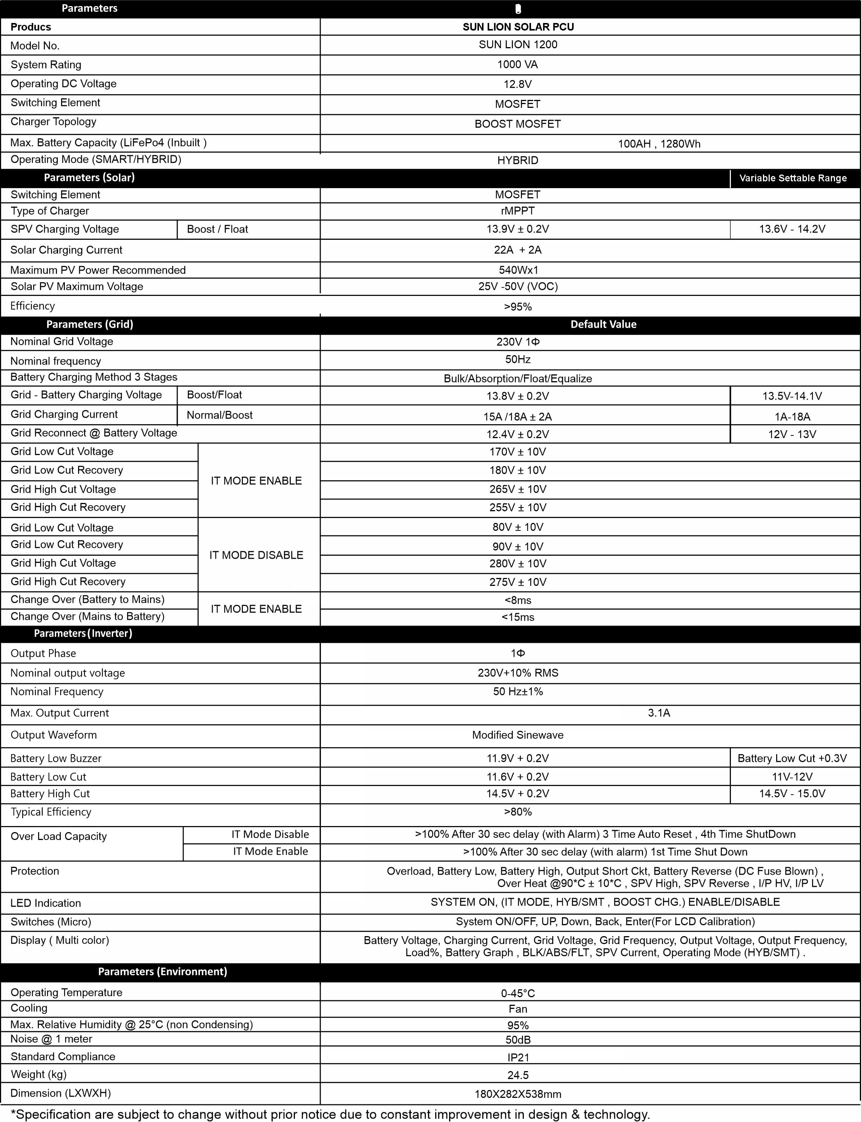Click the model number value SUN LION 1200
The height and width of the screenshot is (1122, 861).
(x=518, y=44)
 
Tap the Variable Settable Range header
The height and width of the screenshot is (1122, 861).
(x=792, y=178)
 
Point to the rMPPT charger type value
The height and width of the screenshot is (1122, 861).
(x=518, y=211)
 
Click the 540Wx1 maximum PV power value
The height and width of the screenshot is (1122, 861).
(x=518, y=270)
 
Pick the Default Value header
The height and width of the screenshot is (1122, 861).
(x=603, y=324)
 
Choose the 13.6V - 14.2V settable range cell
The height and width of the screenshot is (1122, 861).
(x=792, y=229)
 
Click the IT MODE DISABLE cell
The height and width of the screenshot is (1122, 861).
(x=256, y=555)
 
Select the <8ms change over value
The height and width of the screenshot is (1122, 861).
(x=518, y=600)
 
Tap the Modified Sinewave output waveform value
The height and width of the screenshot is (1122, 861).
(x=518, y=735)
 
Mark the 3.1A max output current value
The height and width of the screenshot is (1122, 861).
(x=658, y=713)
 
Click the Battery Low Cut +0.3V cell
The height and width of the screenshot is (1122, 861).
(x=792, y=758)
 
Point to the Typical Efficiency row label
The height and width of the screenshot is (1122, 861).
(x=51, y=812)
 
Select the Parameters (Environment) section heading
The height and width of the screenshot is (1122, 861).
(x=163, y=971)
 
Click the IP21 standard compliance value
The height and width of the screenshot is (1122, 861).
(x=518, y=1057)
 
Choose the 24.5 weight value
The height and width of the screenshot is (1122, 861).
(x=518, y=1075)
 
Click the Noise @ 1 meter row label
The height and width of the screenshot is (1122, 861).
(x=51, y=1039)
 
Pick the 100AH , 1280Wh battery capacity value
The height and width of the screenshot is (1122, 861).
(x=658, y=144)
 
